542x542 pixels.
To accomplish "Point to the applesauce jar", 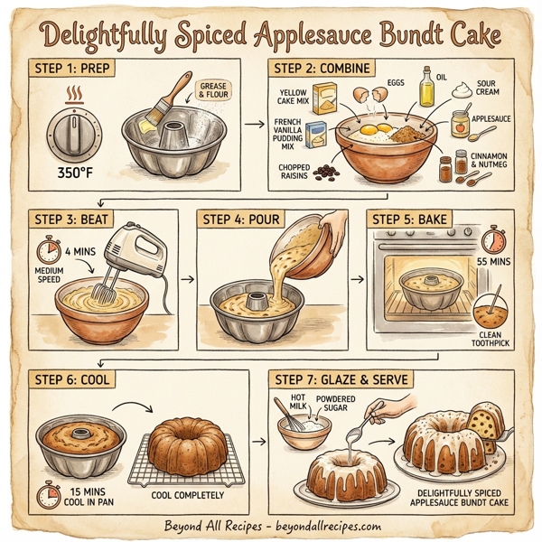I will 461,125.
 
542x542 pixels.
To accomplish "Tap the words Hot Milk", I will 296,403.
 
